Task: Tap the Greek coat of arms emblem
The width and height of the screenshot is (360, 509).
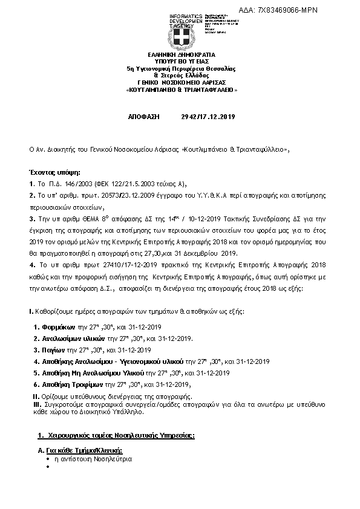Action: click(x=181, y=39)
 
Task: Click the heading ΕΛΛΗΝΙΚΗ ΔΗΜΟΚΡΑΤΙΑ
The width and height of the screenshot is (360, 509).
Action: click(x=181, y=55)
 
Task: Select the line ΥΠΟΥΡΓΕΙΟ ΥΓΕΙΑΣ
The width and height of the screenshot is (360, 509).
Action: click(x=181, y=62)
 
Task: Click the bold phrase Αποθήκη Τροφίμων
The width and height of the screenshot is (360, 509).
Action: click(x=71, y=384)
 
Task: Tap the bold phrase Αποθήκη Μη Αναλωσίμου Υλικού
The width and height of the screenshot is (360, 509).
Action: click(x=93, y=372)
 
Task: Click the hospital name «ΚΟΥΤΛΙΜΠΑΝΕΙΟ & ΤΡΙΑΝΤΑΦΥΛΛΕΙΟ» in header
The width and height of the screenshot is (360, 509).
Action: click(x=181, y=89)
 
